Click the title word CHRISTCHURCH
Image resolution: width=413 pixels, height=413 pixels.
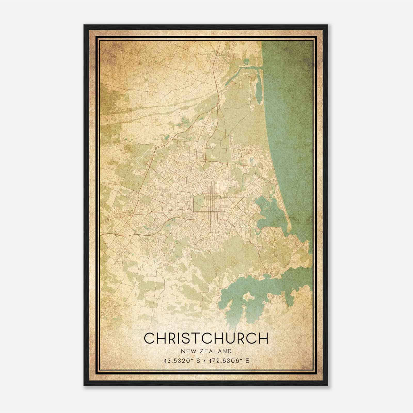point(206,338)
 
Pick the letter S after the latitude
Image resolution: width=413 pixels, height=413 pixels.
point(198,361)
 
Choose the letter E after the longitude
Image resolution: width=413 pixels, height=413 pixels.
point(247,361)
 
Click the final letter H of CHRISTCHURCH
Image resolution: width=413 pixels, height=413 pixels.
point(263,338)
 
